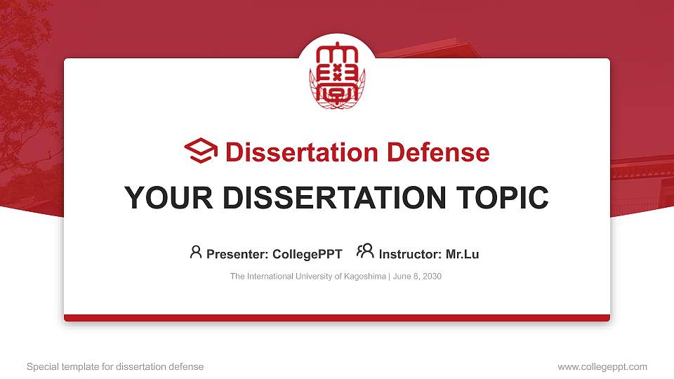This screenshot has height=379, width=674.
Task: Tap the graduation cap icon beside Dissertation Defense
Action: pos(201,151)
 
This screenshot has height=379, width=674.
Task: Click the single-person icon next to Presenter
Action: pos(196,252)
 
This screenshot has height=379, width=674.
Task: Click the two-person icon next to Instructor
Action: pos(365,251)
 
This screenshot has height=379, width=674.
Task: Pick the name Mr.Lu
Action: pos(463,254)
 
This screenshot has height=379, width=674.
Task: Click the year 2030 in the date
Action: pos(431,277)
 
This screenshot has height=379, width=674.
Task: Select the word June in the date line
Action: pos(402,277)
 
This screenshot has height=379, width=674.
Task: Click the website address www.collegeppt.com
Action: pos(602,366)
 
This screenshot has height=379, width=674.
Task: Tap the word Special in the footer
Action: pos(42,366)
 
